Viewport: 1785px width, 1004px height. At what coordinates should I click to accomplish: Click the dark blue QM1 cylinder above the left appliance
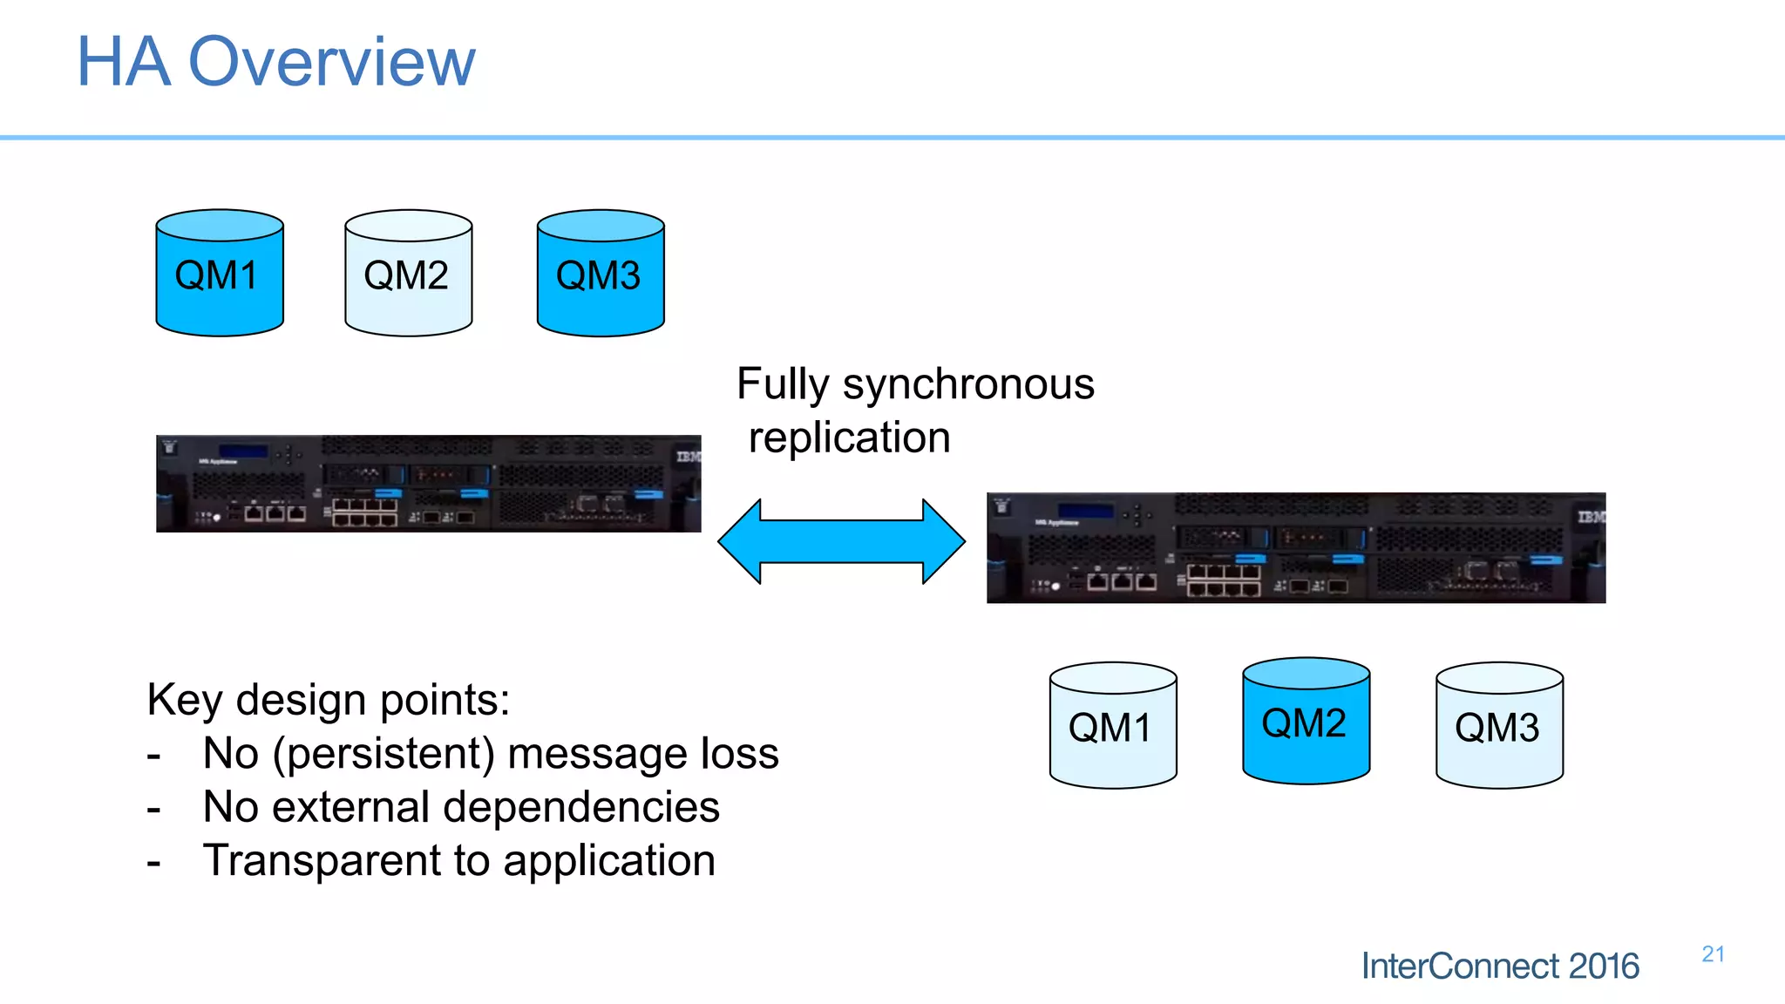point(220,274)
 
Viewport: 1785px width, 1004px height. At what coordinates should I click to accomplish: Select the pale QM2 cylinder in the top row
point(408,274)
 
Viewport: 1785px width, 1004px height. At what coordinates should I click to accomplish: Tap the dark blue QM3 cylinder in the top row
point(601,274)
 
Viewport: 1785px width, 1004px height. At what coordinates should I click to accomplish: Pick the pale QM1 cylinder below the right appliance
point(1113,726)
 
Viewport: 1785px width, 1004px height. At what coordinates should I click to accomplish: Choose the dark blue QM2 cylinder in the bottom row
point(1306,722)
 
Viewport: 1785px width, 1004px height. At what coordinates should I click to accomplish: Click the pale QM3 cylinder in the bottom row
point(1499,726)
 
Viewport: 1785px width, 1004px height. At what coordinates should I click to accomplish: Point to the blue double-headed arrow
point(841,541)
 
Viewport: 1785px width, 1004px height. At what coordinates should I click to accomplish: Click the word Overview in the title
point(332,62)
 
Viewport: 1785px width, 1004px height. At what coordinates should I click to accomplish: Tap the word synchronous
point(967,383)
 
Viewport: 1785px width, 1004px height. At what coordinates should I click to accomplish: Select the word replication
point(849,438)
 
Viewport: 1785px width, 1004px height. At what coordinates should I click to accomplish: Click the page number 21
point(1713,954)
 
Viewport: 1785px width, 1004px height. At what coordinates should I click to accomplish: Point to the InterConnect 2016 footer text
point(1500,967)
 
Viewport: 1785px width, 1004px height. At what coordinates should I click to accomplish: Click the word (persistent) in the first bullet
point(383,754)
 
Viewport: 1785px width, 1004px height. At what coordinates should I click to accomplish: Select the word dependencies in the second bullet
point(583,807)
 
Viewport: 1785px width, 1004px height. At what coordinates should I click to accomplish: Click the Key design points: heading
point(328,700)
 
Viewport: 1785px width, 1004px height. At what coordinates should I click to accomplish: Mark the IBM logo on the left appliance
point(689,457)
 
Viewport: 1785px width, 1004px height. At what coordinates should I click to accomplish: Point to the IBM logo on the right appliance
point(1591,517)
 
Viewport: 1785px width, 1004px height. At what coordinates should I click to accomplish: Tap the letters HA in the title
point(123,62)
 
